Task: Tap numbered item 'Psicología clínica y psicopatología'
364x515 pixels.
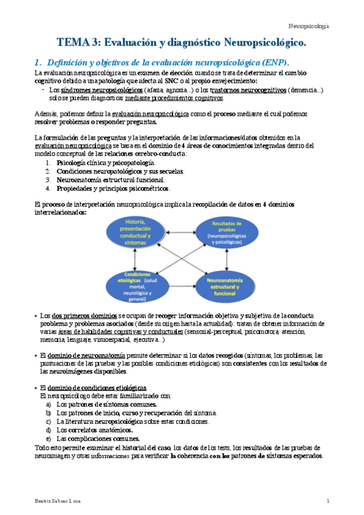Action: pyautogui.click(x=105, y=163)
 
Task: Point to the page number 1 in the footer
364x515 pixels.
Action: pyautogui.click(x=328, y=500)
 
